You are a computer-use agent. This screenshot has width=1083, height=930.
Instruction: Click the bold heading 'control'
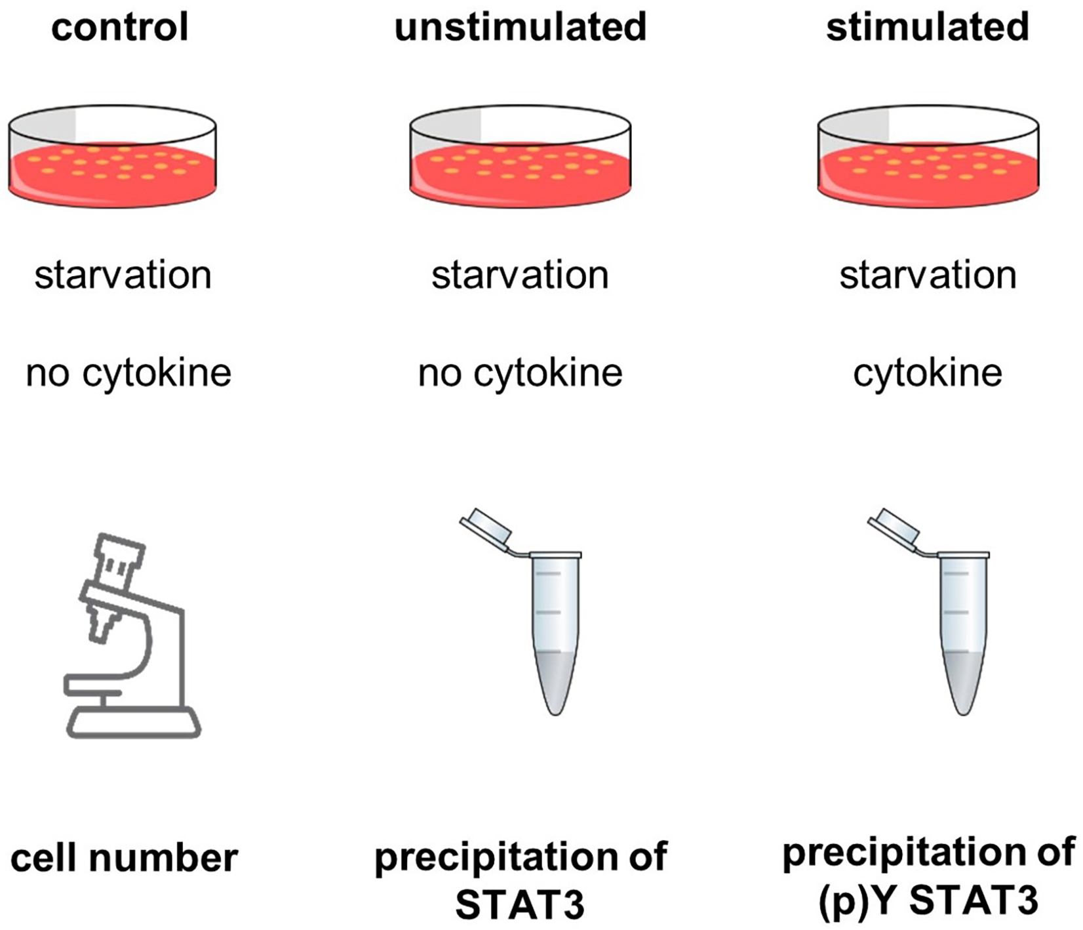(x=120, y=28)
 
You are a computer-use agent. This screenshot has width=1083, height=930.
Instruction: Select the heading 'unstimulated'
(x=521, y=28)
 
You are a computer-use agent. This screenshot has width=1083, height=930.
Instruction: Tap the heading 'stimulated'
(x=927, y=28)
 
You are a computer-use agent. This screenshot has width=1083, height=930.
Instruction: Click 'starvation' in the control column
(x=123, y=275)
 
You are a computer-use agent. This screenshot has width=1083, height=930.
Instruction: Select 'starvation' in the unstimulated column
(x=520, y=275)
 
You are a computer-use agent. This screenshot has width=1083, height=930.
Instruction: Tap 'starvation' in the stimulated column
(x=928, y=275)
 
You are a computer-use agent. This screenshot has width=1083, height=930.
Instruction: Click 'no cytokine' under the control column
(x=128, y=374)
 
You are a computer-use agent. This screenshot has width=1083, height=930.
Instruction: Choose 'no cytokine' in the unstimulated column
(x=520, y=374)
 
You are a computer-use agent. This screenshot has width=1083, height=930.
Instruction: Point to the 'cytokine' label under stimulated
(x=928, y=374)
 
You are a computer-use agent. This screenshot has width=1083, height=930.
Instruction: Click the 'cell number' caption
(x=124, y=858)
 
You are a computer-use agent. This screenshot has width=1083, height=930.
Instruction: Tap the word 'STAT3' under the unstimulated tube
(x=520, y=905)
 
